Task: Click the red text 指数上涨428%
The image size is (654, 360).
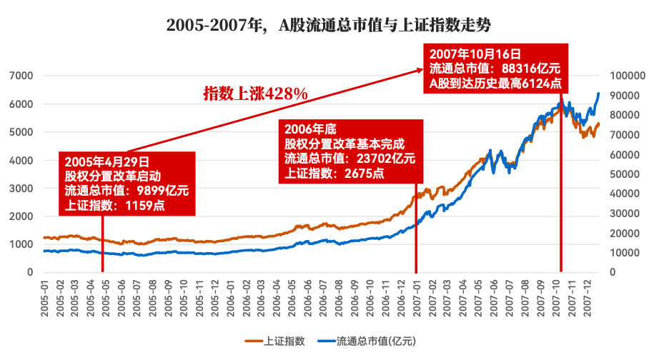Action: click(x=255, y=94)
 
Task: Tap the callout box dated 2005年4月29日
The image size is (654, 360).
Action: click(x=127, y=184)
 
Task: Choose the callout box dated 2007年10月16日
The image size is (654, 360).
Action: click(x=496, y=69)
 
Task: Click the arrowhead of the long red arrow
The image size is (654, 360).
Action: click(x=422, y=69)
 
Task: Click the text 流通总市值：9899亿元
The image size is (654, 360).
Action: click(x=127, y=191)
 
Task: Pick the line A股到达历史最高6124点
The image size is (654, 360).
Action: click(x=495, y=83)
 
